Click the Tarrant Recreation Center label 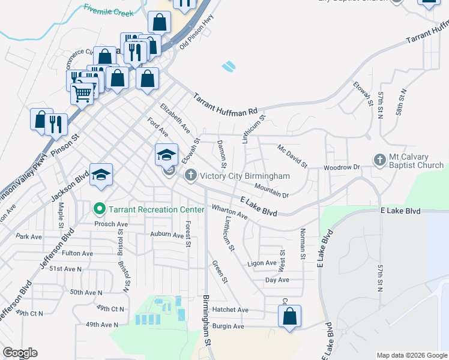(151, 209)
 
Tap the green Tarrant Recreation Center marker (100, 209)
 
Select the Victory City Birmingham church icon (190, 176)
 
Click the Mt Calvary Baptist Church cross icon (379, 160)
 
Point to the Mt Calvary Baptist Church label (416, 160)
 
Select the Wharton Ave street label (229, 211)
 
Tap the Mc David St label (292, 156)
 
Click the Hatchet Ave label (231, 310)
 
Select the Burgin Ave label (229, 326)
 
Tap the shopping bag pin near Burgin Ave (289, 316)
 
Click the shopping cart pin (82, 92)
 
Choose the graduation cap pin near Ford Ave (166, 155)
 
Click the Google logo (19, 353)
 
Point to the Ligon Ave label (262, 263)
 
